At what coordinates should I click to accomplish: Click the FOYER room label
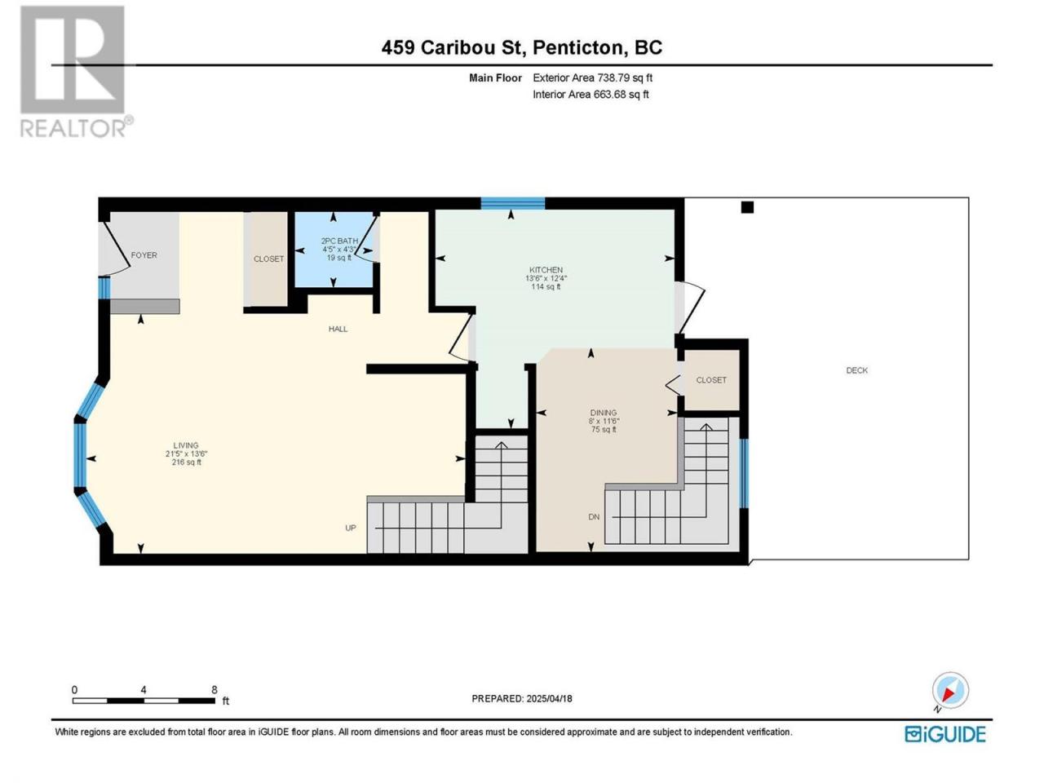tap(144, 255)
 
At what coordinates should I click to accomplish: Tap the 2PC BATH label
tap(339, 241)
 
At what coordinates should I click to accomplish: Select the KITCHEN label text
tap(546, 269)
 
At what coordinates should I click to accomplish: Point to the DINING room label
tap(604, 413)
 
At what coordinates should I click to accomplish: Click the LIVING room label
tap(185, 445)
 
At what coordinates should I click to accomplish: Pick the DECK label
tap(856, 370)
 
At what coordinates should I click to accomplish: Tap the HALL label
tap(338, 329)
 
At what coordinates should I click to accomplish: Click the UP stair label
tap(351, 529)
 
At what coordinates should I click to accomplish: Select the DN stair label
tap(594, 517)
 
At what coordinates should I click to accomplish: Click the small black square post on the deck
tap(748, 207)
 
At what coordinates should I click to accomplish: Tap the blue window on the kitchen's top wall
tap(513, 203)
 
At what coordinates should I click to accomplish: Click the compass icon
tap(950, 690)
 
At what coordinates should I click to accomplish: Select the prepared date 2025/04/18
tap(550, 699)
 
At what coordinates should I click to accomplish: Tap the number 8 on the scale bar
tap(215, 690)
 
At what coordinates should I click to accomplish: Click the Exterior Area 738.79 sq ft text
tap(593, 78)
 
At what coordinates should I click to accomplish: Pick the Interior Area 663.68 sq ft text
tap(591, 95)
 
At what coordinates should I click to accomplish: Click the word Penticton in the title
tap(577, 47)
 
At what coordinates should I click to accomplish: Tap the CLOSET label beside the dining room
tap(711, 380)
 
